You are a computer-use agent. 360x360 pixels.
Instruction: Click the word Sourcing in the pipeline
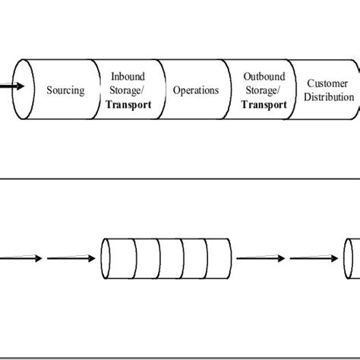65,90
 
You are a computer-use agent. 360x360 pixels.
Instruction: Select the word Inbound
128,77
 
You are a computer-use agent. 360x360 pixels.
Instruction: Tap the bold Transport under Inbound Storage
128,105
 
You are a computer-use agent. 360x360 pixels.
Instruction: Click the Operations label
196,90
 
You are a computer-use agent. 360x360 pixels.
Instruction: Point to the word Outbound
264,77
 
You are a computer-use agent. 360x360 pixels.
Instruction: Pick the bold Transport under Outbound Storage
264,105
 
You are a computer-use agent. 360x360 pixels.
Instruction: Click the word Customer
329,83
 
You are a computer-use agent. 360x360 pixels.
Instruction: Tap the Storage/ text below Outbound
264,90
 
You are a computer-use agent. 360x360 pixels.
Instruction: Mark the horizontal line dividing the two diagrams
180,179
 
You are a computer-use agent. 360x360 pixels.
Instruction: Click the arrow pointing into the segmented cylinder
71,259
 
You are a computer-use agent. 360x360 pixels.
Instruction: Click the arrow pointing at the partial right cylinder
315,259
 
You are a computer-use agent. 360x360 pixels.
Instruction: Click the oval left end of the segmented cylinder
107,259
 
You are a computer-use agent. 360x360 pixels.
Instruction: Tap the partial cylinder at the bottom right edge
352,259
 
